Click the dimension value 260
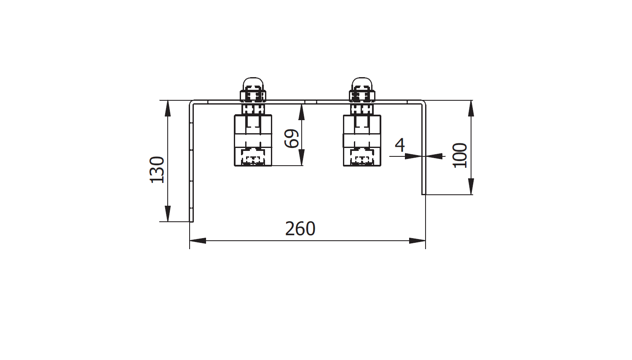(x=300, y=229)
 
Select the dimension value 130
(x=157, y=170)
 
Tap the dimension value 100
(x=460, y=156)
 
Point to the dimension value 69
(x=292, y=138)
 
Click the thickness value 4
(x=400, y=145)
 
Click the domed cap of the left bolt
(x=253, y=84)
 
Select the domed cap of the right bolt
(x=362, y=84)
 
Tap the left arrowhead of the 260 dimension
(x=198, y=241)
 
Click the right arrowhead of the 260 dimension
(x=417, y=241)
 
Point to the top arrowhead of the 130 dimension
(x=168, y=108)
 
